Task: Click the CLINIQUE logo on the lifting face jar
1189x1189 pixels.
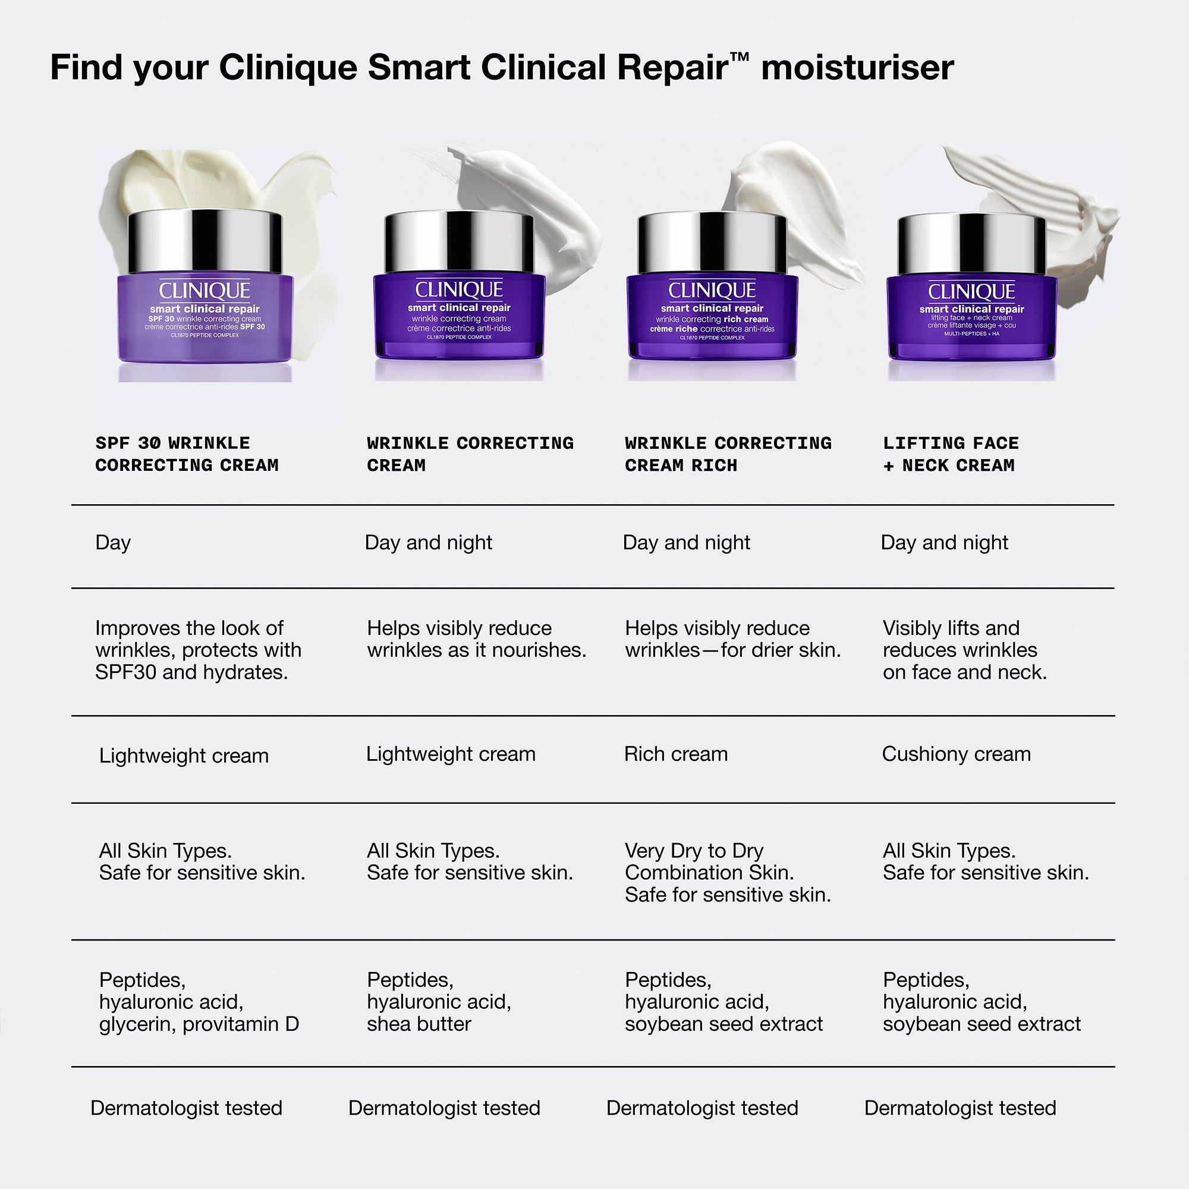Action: click(x=971, y=291)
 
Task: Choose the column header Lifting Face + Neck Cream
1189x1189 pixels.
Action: click(x=951, y=454)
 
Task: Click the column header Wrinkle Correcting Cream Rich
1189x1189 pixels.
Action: click(x=728, y=454)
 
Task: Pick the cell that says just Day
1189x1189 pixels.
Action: click(x=113, y=543)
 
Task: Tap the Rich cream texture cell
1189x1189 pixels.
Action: click(x=676, y=754)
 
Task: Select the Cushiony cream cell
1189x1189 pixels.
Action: click(x=956, y=754)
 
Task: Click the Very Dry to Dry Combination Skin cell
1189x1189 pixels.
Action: click(x=728, y=873)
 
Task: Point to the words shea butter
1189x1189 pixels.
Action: click(x=419, y=1024)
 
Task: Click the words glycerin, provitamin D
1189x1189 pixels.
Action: click(x=199, y=1024)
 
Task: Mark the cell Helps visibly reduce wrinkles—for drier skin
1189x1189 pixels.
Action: click(x=732, y=639)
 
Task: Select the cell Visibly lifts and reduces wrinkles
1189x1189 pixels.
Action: click(x=964, y=650)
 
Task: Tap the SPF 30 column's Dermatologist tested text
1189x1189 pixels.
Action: click(x=186, y=1108)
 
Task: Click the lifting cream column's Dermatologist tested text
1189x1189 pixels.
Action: click(x=960, y=1108)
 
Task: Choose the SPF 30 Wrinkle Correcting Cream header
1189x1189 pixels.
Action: click(x=187, y=454)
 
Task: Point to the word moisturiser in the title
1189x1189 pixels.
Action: click(x=857, y=68)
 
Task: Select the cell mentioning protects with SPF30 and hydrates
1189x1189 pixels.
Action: click(x=198, y=650)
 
